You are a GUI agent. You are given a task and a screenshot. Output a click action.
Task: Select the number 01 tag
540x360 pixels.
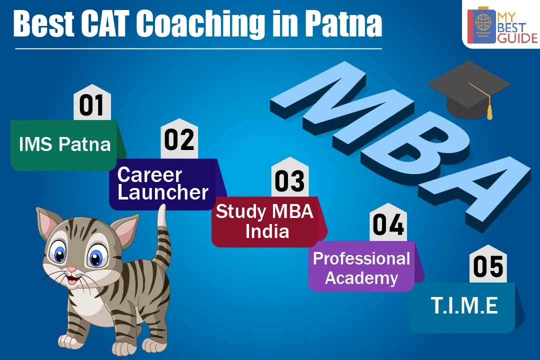coord(92,102)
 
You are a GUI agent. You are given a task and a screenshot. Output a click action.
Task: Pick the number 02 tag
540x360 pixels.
coord(179,138)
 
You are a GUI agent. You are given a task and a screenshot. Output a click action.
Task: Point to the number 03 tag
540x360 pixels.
coord(289,177)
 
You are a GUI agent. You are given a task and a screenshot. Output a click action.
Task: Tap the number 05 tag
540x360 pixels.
coord(488,264)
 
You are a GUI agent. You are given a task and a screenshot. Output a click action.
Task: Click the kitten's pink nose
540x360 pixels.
coord(71,269)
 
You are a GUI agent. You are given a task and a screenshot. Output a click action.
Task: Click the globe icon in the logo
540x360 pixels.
coord(483,21)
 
